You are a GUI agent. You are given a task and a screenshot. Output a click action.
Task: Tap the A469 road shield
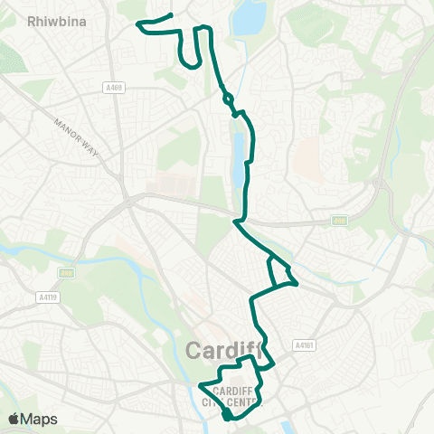tap(113, 88)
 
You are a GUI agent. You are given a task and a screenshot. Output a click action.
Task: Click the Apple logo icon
tap(13, 419)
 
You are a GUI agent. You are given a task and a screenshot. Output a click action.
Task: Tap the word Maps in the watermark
tap(42, 419)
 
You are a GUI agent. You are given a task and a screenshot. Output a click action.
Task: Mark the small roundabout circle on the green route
tap(227, 99)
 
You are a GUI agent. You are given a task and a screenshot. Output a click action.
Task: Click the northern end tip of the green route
tap(171, 15)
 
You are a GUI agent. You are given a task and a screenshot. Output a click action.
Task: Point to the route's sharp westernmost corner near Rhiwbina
tap(138, 24)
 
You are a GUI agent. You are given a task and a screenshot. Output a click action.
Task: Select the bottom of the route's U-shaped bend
tap(191, 65)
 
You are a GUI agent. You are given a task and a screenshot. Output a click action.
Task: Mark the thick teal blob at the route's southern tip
tap(227, 415)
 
